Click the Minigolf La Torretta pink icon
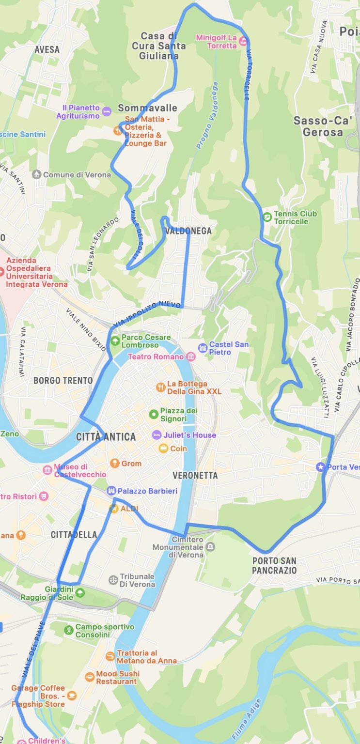[243, 41]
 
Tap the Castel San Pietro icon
[203, 348]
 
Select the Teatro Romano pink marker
[191, 357]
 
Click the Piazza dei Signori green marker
[154, 414]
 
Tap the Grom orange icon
[115, 464]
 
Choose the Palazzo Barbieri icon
[111, 491]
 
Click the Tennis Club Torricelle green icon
[267, 217]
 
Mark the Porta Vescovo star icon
[320, 467]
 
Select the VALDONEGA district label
[188, 231]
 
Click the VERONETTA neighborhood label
[195, 476]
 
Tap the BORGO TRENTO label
[63, 380]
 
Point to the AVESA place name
[47, 49]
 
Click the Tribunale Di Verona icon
[113, 580]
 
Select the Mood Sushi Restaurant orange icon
[90, 677]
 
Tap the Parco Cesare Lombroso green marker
[115, 341]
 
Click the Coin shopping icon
[163, 449]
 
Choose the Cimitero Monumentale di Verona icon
[210, 547]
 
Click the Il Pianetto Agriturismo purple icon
[107, 112]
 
